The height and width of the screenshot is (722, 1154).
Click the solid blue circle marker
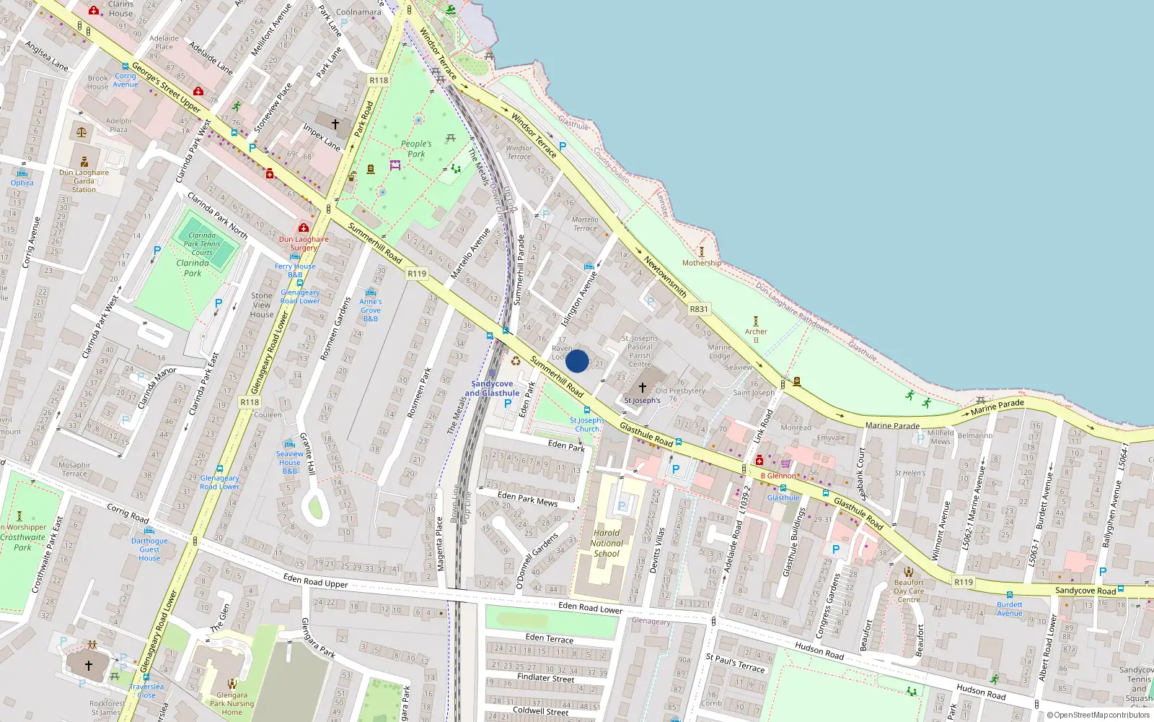[577, 361]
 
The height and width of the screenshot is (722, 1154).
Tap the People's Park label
[416, 149]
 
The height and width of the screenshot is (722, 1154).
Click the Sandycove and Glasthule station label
[492, 388]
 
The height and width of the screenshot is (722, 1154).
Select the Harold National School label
[607, 543]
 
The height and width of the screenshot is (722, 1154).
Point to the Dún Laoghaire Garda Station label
[84, 181]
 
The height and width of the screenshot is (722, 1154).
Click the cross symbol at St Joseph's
[643, 388]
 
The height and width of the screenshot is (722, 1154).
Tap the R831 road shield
[698, 309]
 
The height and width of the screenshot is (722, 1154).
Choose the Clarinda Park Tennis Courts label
[202, 244]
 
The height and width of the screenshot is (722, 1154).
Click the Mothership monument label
[701, 263]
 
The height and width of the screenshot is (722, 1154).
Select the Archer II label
[756, 336]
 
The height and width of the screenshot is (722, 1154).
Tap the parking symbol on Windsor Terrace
[563, 146]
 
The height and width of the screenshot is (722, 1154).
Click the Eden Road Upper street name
[315, 580]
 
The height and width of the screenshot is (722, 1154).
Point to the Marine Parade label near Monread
[892, 425]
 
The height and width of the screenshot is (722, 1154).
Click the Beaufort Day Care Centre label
[909, 591]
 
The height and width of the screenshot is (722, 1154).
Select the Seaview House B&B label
[289, 462]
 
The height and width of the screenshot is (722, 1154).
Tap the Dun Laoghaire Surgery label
[304, 243]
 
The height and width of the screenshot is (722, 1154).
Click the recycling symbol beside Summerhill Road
[516, 361]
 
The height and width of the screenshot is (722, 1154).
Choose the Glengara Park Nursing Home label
[232, 703]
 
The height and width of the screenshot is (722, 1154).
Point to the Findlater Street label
[545, 678]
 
